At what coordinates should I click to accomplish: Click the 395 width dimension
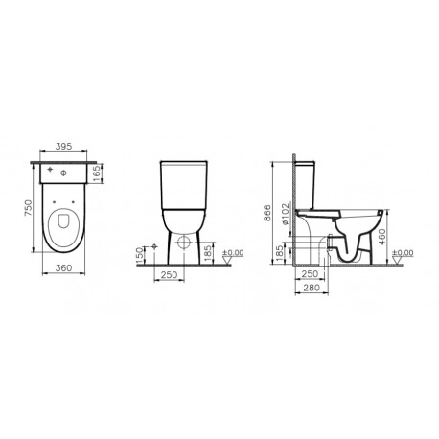pos(63,147)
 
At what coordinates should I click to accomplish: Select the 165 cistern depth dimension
pos(97,173)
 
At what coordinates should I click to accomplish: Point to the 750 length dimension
pos(29,208)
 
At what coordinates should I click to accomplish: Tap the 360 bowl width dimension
pos(63,267)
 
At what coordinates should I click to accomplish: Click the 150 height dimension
pos(140,255)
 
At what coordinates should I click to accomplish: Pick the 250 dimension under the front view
pos(169,274)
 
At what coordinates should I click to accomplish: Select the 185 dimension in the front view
pos(207,253)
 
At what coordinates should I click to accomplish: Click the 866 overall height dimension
pos(266,213)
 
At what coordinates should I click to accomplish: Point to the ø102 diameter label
pos(286,214)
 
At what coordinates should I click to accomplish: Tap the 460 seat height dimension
pos(382,237)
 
